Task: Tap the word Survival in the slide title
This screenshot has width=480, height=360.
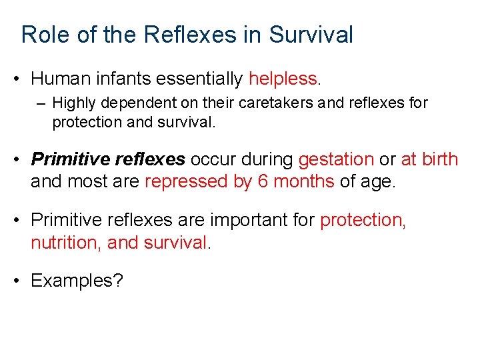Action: pos(311,35)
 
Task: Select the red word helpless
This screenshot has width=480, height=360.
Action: pos(283,79)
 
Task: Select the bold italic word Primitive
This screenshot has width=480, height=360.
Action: pos(70,159)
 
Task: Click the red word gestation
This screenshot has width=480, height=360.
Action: pos(336,159)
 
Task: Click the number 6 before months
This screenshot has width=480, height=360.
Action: pos(263,181)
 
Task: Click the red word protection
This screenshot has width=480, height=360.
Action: pos(363,220)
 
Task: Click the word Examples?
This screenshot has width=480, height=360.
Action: pos(77,281)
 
